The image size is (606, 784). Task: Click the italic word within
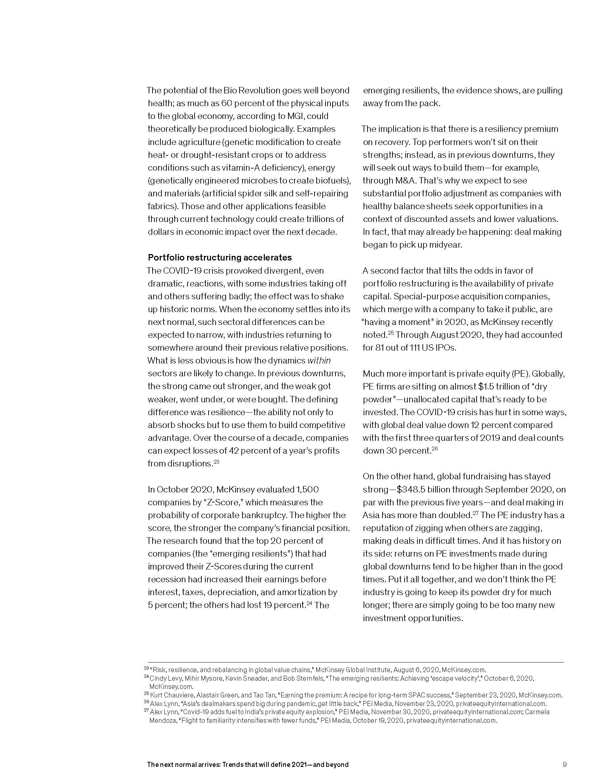tap(319, 360)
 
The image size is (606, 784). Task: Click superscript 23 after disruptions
tap(216, 461)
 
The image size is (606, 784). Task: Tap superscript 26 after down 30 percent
tap(435, 449)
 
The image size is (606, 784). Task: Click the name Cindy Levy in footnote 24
tap(163, 678)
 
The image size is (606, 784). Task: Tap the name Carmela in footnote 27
tap(537, 712)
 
